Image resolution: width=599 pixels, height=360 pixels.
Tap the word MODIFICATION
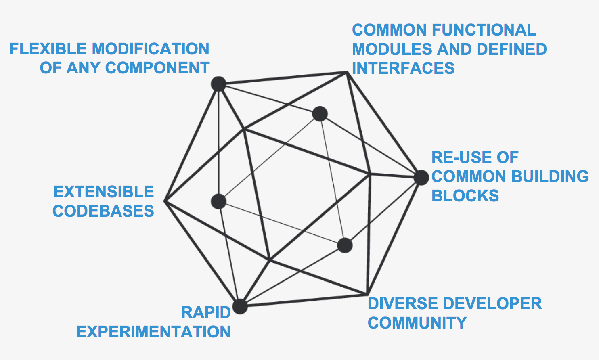pos(151,49)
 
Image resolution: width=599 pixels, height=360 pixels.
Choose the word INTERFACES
pos(403,68)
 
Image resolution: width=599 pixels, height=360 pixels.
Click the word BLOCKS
pos(465,196)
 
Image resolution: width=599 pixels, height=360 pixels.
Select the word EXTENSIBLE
pos(104,192)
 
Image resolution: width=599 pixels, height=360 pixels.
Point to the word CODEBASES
pos(103,211)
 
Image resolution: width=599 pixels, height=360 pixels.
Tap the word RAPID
pos(206,312)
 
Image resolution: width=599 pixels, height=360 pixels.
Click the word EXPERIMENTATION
pos(153,332)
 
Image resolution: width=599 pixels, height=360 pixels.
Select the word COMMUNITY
pos(417,323)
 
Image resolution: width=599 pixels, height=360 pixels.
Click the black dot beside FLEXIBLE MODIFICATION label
pos(218,84)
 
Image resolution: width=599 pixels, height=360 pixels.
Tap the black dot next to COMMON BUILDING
pos(421,178)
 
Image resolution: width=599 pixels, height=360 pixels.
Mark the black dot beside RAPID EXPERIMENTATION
pos(240,306)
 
